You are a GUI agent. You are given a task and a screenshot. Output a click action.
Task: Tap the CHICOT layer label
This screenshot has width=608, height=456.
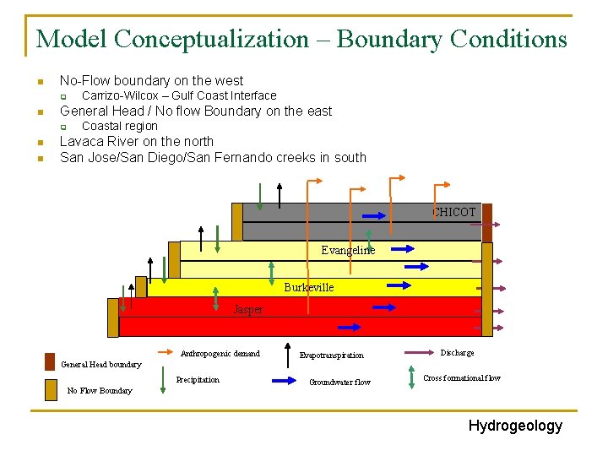(x=455, y=213)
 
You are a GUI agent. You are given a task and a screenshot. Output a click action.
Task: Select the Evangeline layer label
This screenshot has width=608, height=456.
(x=348, y=250)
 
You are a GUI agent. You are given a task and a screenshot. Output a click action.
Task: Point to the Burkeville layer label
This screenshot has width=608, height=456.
(x=308, y=287)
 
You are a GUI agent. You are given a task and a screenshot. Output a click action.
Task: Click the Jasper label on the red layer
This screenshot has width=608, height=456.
(x=247, y=310)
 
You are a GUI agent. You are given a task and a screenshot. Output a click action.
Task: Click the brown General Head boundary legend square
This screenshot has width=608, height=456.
(x=51, y=360)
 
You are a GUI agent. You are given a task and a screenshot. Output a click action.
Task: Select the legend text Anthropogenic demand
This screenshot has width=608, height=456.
(x=220, y=354)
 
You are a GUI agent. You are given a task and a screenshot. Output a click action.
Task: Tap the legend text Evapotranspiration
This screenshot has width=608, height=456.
(x=331, y=356)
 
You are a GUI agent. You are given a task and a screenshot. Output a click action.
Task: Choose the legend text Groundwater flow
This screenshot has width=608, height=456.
(x=339, y=383)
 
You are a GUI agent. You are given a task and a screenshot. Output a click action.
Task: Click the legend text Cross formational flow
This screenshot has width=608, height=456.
(x=462, y=378)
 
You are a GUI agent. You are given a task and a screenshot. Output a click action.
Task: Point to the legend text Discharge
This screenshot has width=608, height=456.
(x=457, y=353)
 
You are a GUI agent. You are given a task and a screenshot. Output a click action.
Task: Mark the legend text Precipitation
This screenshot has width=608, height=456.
(x=198, y=380)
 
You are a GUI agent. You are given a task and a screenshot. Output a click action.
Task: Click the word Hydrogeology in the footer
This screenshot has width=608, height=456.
(x=515, y=426)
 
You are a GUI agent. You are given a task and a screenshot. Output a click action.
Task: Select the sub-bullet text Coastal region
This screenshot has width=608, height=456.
(x=119, y=127)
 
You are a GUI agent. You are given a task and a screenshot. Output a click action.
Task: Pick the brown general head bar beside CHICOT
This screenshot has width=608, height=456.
(x=486, y=220)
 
